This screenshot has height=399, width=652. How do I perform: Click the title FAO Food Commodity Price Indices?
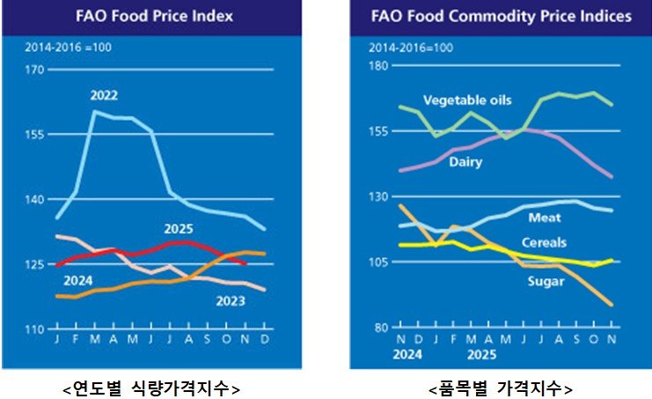(x=501, y=17)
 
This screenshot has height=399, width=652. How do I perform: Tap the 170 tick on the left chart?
(x=34, y=70)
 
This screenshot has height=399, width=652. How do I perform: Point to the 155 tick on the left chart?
(x=34, y=135)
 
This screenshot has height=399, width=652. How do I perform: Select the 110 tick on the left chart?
(x=34, y=329)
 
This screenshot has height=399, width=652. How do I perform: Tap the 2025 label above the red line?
(x=179, y=228)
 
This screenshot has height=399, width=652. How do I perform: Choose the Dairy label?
(x=466, y=162)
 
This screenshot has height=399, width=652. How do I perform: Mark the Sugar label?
(x=545, y=281)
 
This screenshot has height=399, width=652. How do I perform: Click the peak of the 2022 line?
(x=95, y=111)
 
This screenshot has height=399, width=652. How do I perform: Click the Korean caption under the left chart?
(x=153, y=387)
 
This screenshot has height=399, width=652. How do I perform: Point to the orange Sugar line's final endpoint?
(x=612, y=305)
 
